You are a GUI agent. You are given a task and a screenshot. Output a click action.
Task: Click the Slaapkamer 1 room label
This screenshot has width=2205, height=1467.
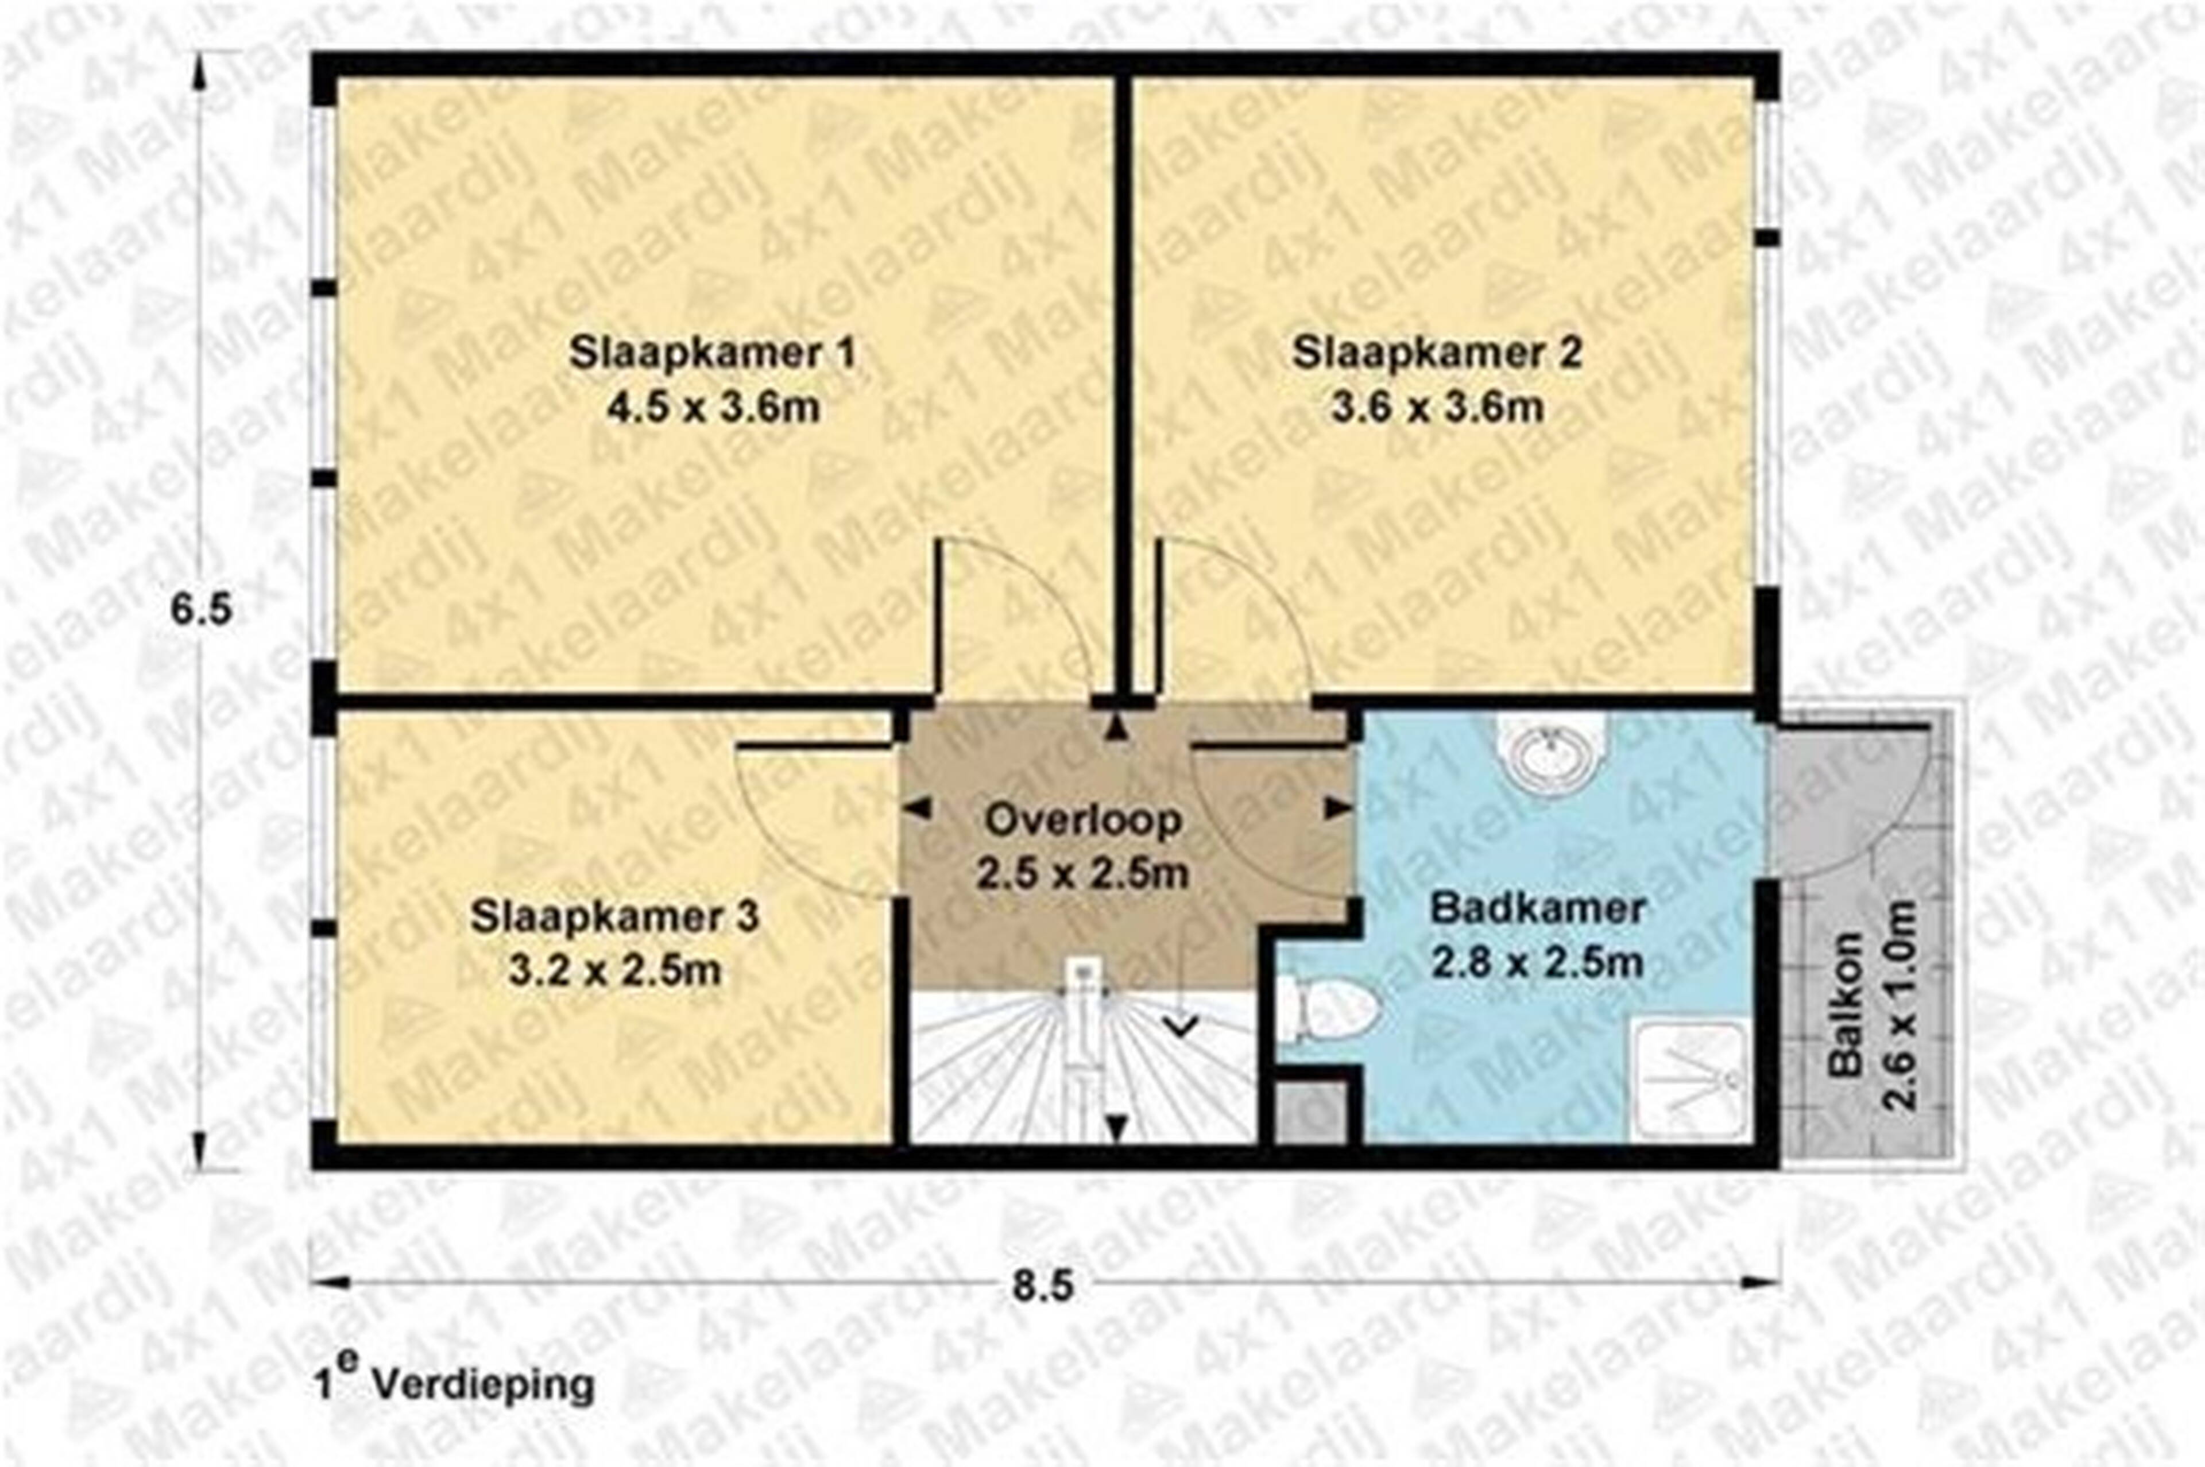point(713,355)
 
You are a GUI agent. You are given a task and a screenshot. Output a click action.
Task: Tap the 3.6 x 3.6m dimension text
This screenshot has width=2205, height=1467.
point(1437,408)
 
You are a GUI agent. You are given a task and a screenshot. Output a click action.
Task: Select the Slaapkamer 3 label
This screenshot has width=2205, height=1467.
point(614,918)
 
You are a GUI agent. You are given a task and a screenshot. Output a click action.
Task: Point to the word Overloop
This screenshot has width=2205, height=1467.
point(1084,820)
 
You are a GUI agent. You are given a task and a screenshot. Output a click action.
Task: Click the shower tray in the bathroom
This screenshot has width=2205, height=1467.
point(1689,1082)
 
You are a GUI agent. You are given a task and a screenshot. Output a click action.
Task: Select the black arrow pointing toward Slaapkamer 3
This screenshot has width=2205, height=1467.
point(919,807)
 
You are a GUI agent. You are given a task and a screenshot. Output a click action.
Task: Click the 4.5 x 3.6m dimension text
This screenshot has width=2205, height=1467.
point(713,408)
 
